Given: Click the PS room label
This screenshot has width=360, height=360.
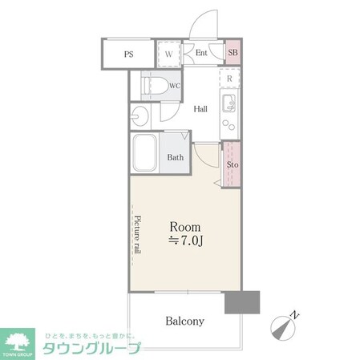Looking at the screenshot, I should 128,55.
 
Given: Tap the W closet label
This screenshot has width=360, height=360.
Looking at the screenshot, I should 169,55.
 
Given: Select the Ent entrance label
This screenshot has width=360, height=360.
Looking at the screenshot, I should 201,54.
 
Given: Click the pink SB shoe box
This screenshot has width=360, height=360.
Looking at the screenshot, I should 233,54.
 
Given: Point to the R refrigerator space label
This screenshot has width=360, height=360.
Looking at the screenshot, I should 229,79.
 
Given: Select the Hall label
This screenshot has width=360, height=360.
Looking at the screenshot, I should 201,109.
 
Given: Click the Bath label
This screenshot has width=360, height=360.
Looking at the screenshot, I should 176,157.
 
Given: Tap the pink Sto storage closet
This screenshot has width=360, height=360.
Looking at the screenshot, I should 232,166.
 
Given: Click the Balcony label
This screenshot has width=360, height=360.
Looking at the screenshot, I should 184,322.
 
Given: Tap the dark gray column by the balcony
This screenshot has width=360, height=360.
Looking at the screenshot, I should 243,302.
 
